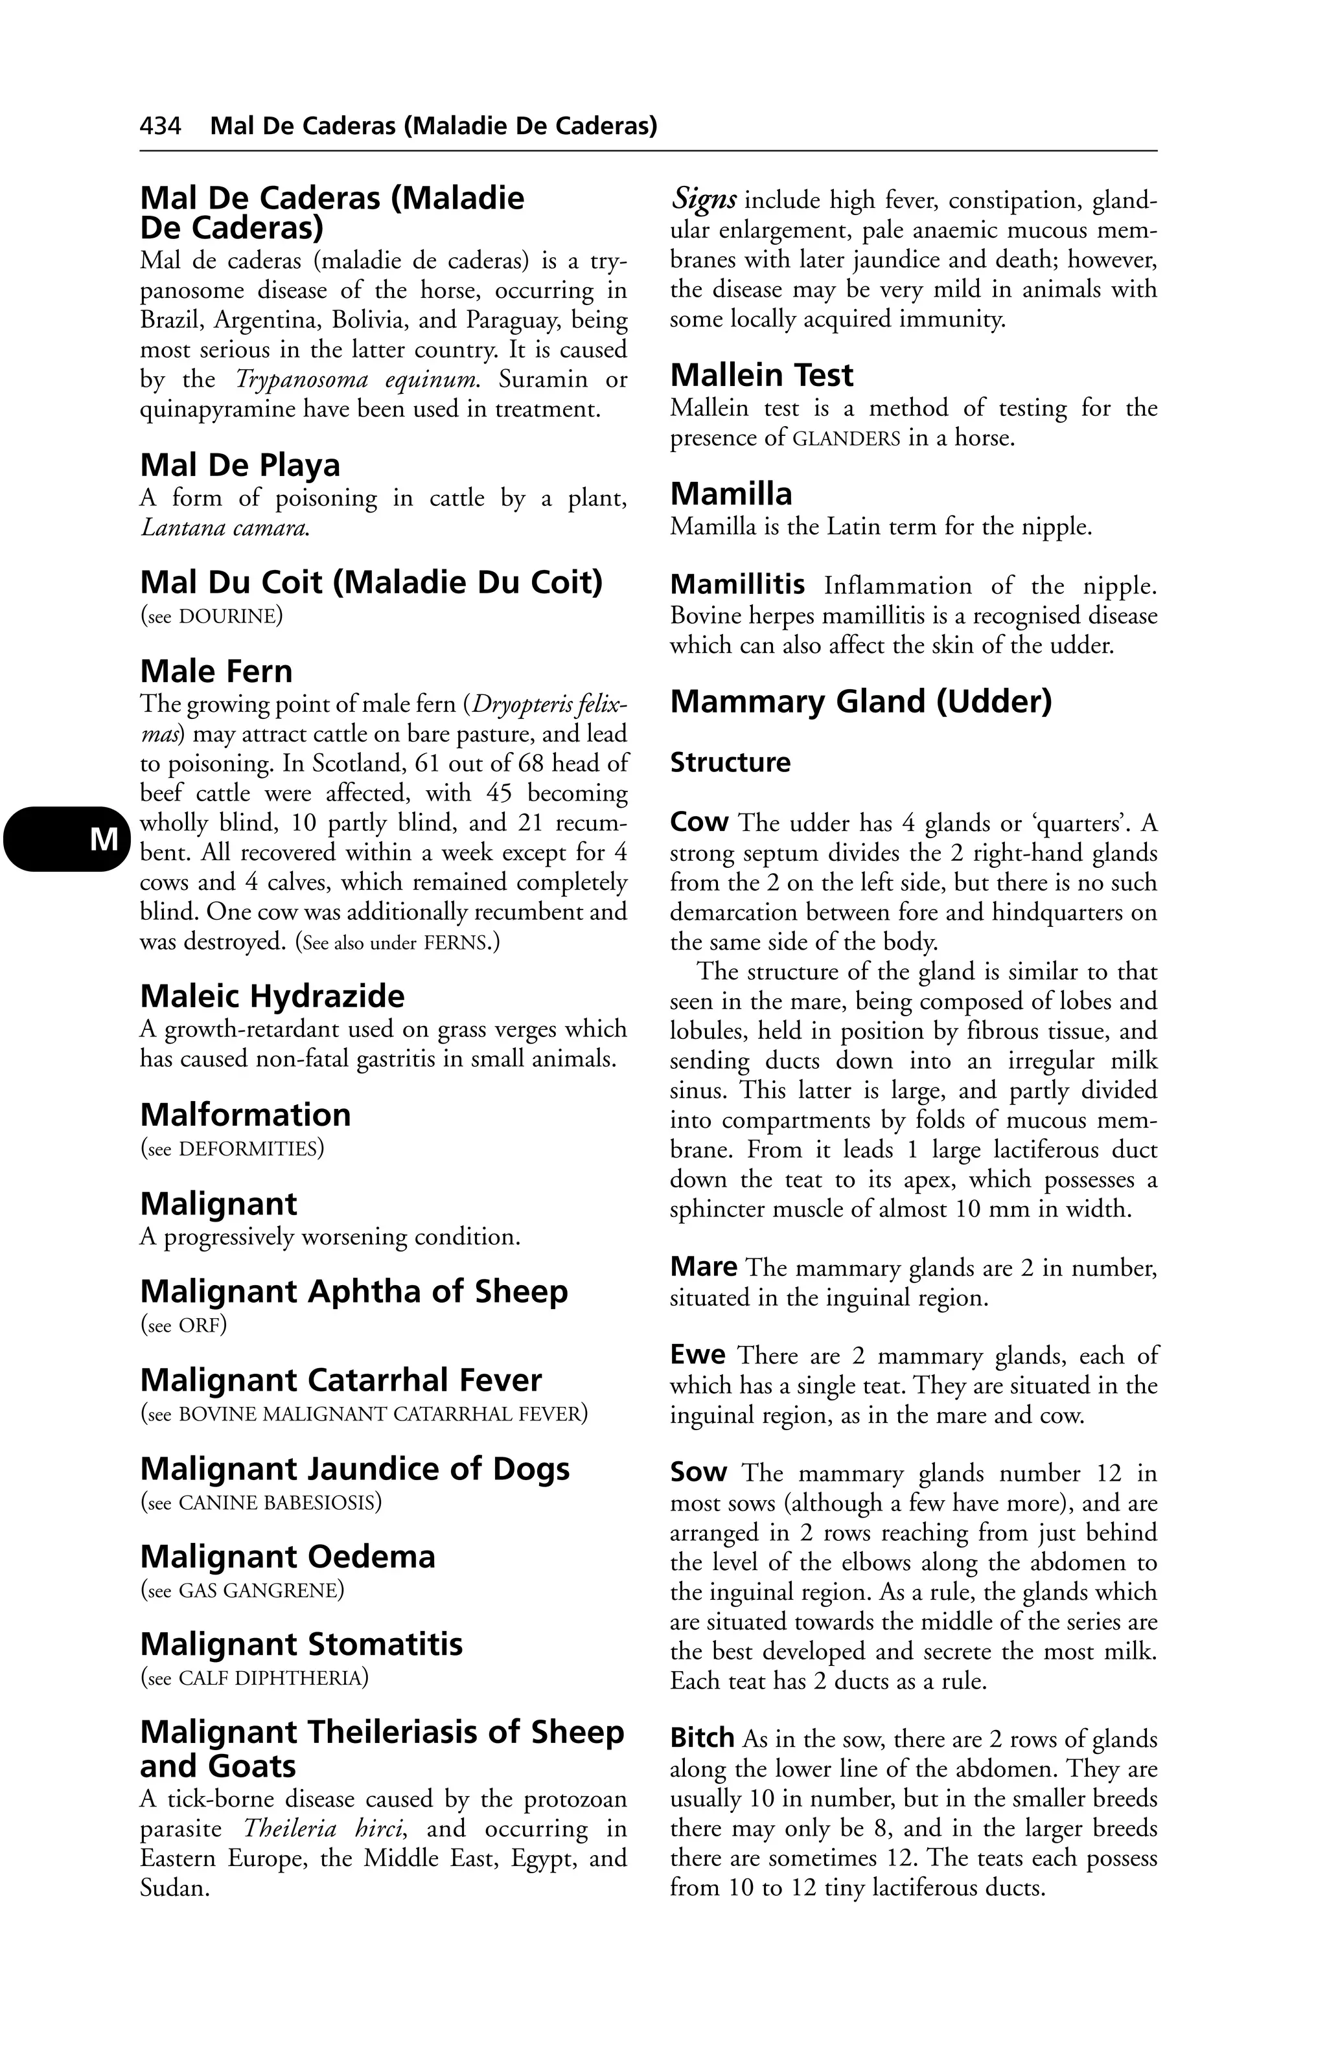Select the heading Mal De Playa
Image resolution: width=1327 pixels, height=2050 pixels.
240,465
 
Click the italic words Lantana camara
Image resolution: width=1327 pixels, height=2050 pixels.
224,527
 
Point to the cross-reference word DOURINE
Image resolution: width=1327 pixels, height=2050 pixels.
229,616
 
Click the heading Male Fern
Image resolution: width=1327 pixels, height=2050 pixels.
216,671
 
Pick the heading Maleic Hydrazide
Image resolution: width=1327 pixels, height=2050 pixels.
272,997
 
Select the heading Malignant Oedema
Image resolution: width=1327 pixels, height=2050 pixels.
288,1556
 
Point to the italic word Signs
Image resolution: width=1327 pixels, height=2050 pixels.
703,201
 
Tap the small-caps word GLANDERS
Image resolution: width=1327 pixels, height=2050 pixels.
846,438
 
